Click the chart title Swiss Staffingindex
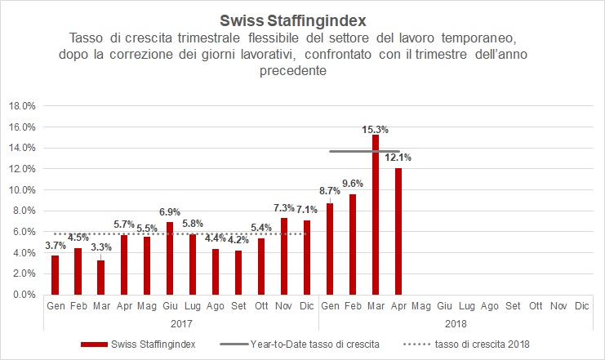point(301,19)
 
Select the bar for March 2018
point(376,214)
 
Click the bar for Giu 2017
point(169,258)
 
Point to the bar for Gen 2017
point(55,274)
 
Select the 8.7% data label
point(329,189)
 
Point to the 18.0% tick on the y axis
point(22,106)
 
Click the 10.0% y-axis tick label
point(22,190)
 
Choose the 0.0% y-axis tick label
point(24,295)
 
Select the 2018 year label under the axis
point(455,324)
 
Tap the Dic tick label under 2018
point(581,306)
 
